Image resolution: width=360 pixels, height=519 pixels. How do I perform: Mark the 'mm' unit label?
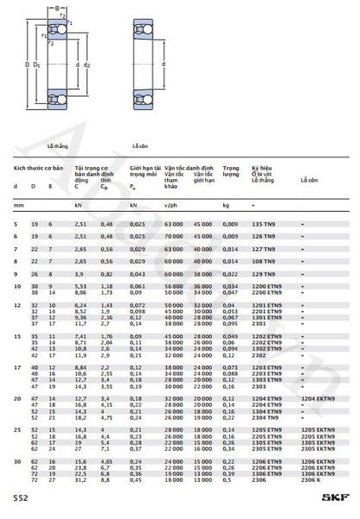point(16,205)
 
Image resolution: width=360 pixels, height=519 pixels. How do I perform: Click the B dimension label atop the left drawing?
point(48,9)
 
